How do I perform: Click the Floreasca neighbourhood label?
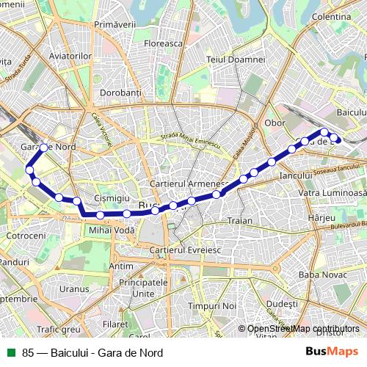pos(163,43)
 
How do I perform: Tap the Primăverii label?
pos(116,25)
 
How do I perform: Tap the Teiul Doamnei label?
pos(236,59)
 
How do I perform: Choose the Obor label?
pos(275,123)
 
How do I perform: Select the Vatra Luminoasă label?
pos(331,192)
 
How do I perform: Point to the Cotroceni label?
pos(26,236)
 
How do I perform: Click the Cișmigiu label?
pos(112,199)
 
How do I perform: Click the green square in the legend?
pos(11,352)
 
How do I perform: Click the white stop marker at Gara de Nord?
pos(44,148)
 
